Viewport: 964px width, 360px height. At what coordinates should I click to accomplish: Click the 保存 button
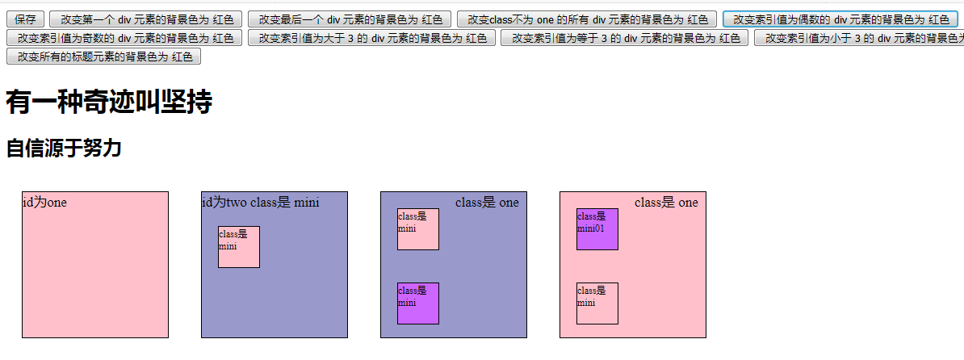[25, 19]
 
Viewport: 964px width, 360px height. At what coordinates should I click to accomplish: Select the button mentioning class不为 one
[587, 19]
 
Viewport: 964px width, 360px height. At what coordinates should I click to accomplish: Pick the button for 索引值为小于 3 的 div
[859, 38]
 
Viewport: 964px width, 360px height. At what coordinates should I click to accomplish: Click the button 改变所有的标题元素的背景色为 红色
[103, 57]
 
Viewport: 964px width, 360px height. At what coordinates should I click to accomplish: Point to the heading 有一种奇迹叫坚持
[109, 103]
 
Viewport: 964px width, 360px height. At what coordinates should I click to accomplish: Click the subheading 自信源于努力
[64, 149]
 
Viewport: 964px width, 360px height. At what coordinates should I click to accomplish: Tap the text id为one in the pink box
[44, 202]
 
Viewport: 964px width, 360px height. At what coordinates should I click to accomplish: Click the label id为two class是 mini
[260, 202]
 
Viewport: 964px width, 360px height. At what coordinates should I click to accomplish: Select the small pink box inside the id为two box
[238, 247]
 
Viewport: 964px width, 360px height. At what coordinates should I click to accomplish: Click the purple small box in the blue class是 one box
[417, 303]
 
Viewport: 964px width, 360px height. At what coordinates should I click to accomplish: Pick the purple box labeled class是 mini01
[597, 229]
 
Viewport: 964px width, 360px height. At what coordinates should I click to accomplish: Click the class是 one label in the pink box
[666, 202]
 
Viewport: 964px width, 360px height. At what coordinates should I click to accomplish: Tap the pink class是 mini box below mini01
[597, 303]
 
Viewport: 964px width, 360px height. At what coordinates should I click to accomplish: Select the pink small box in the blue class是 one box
[417, 229]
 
